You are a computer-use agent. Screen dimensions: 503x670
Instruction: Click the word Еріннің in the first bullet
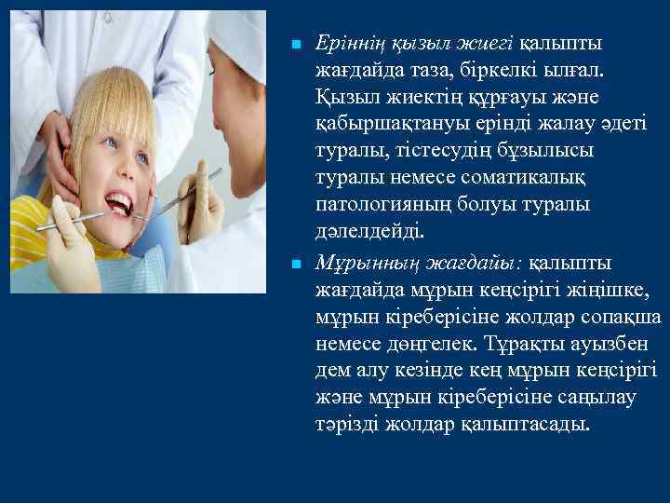click(349, 44)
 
